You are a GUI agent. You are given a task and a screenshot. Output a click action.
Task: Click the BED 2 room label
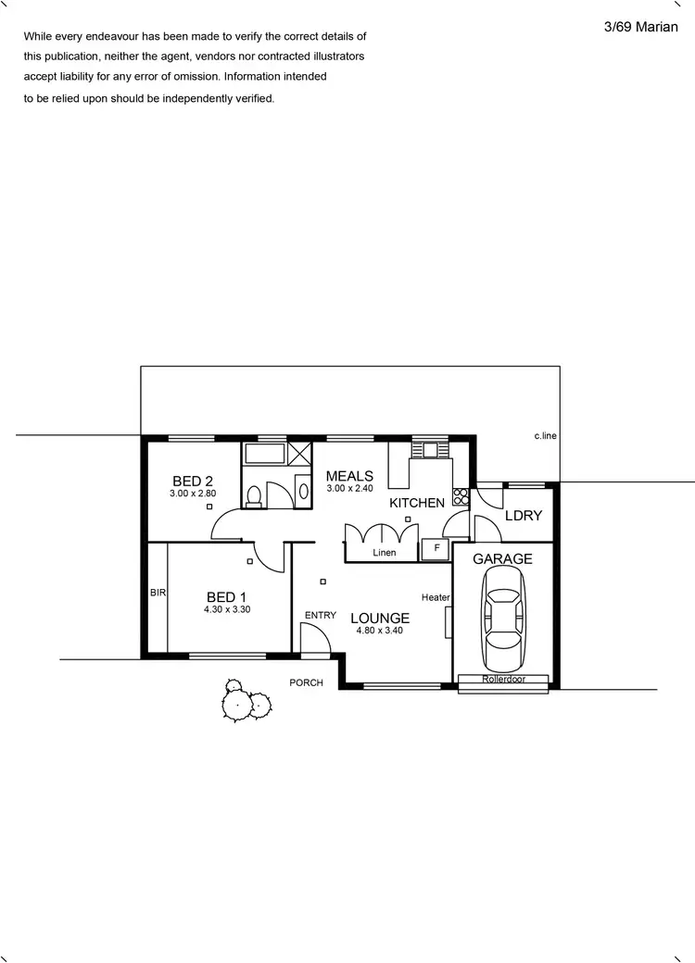point(193,481)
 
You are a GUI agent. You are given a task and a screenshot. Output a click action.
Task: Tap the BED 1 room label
point(227,597)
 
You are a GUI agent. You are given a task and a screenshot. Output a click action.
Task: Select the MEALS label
point(349,476)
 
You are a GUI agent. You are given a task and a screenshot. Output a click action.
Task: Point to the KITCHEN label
point(417,503)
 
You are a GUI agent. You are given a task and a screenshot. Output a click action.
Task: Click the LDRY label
point(523,516)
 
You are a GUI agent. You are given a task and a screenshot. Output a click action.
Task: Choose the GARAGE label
point(502,559)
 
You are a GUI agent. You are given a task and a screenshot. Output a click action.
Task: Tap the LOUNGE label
point(380,618)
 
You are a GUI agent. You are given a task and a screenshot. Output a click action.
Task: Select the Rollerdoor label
point(504,679)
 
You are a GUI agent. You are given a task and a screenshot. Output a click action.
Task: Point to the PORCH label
point(307,683)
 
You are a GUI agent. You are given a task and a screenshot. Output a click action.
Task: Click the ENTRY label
point(320,616)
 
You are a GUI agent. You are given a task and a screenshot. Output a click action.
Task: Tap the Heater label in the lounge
point(436,598)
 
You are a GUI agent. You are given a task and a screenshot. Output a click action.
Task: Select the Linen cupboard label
point(384,553)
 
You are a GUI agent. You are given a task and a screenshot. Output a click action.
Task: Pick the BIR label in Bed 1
point(158,593)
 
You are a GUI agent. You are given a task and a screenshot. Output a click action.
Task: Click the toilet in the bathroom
point(255,495)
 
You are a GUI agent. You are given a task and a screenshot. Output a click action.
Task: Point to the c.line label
point(545,435)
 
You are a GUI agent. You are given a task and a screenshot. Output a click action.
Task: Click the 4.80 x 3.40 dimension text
point(380,631)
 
